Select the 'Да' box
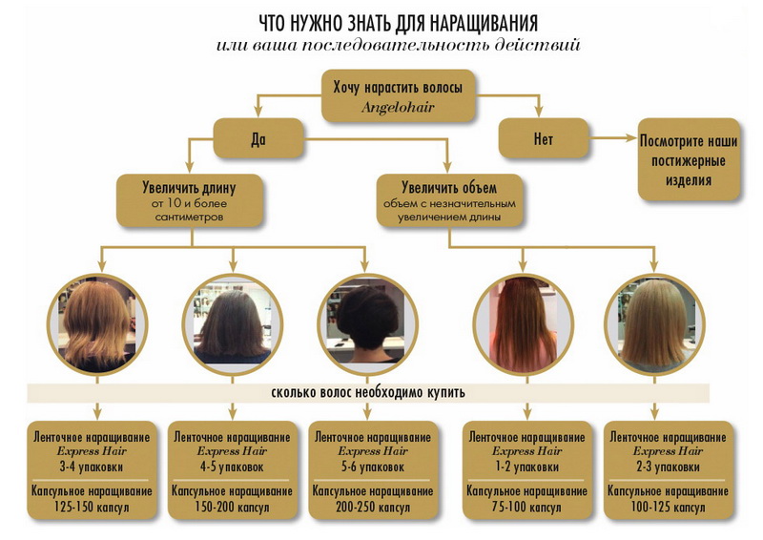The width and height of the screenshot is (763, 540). [x=257, y=139]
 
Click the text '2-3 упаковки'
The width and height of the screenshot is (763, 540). [x=655, y=467]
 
